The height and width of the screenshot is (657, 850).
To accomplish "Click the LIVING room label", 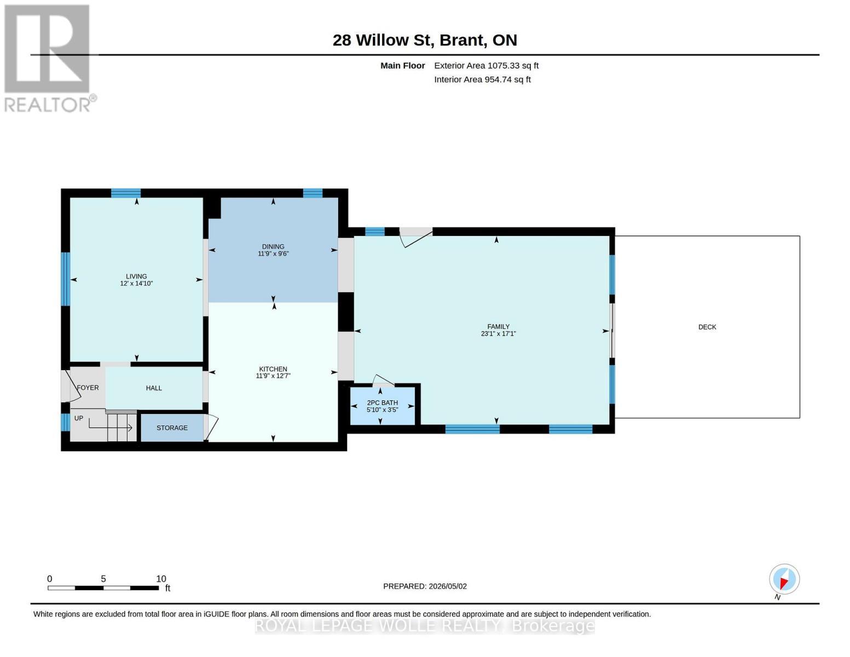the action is (136, 276).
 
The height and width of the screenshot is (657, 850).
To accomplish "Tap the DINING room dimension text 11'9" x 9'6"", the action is (273, 253).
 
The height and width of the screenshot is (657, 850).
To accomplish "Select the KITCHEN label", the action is (273, 369).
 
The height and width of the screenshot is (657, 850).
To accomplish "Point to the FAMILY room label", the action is (499, 326).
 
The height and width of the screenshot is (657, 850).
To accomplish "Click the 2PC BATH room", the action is (382, 406).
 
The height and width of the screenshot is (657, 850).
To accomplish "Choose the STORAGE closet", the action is (172, 428).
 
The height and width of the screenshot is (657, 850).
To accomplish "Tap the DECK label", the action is (707, 327).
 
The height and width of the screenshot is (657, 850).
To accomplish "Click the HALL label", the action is (154, 388).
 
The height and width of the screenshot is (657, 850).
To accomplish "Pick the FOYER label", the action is (88, 388).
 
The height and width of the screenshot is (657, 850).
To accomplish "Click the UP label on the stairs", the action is (79, 418).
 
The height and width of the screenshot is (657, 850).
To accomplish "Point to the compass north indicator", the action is (784, 579).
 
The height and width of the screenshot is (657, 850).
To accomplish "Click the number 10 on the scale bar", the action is (161, 578).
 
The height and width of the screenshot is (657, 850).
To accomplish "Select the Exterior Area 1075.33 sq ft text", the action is (486, 66).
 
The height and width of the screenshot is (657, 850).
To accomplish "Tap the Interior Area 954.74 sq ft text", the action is (482, 79).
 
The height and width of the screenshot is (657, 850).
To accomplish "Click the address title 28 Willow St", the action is (381, 40).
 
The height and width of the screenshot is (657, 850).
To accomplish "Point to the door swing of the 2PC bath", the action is (383, 381).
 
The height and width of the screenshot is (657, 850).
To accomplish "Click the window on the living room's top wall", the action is (125, 193).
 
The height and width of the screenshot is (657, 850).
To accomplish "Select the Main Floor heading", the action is (402, 66).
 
